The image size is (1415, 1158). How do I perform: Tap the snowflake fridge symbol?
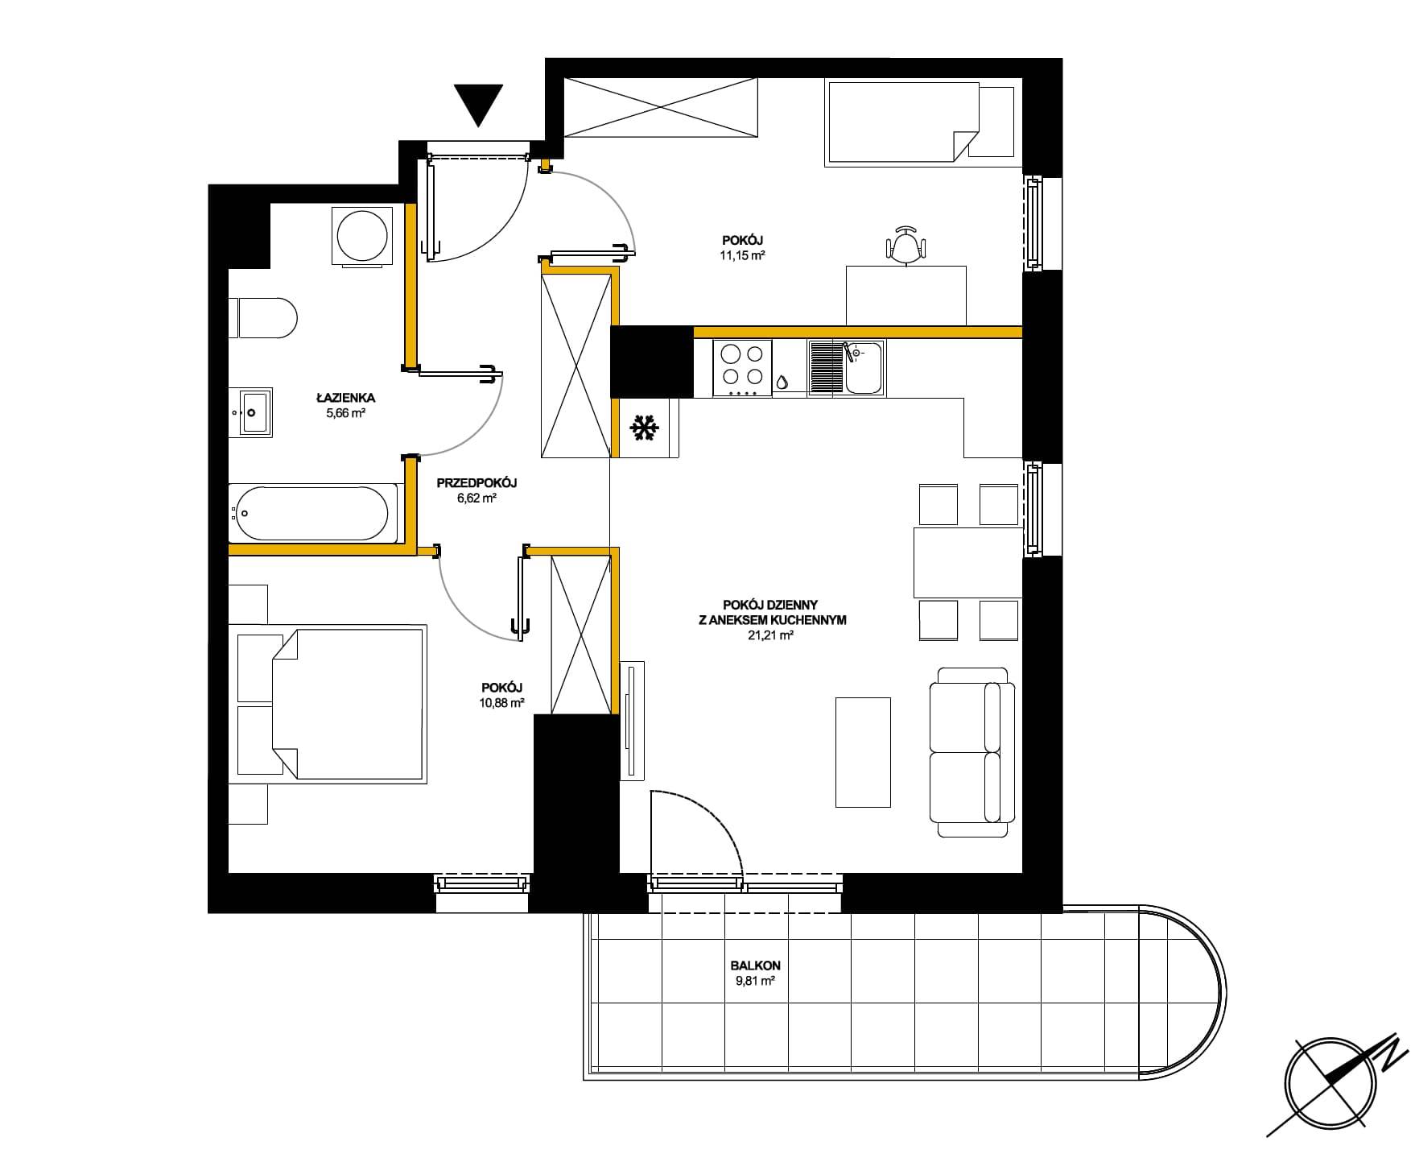click(x=644, y=428)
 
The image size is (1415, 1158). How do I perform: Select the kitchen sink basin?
click(x=863, y=366)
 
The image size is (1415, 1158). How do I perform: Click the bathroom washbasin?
click(x=250, y=412)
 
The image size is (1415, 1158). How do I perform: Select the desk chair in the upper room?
click(x=906, y=244)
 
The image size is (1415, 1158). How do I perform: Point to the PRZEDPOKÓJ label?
click(x=476, y=483)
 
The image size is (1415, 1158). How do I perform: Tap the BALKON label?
click(x=755, y=966)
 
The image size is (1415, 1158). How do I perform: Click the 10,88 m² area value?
click(x=502, y=702)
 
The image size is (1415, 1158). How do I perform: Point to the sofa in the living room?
click(x=972, y=752)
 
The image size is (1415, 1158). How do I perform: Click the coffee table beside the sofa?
click(x=863, y=752)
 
